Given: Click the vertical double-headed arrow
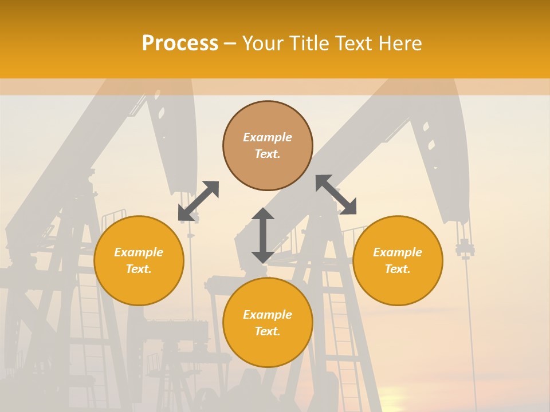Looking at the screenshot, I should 263,235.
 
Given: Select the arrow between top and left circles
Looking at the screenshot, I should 198,201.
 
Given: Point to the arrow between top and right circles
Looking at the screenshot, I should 336,195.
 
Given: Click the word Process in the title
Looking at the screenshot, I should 180,43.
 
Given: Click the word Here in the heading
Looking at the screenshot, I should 401,43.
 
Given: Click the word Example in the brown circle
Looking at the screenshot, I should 268,137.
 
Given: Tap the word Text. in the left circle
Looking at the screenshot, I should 139,269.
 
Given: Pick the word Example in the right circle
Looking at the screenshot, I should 398,252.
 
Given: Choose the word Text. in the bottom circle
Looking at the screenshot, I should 268,331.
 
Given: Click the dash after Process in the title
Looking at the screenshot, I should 230,43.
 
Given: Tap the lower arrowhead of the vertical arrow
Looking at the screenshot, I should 263,256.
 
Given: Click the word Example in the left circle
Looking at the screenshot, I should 139,252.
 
